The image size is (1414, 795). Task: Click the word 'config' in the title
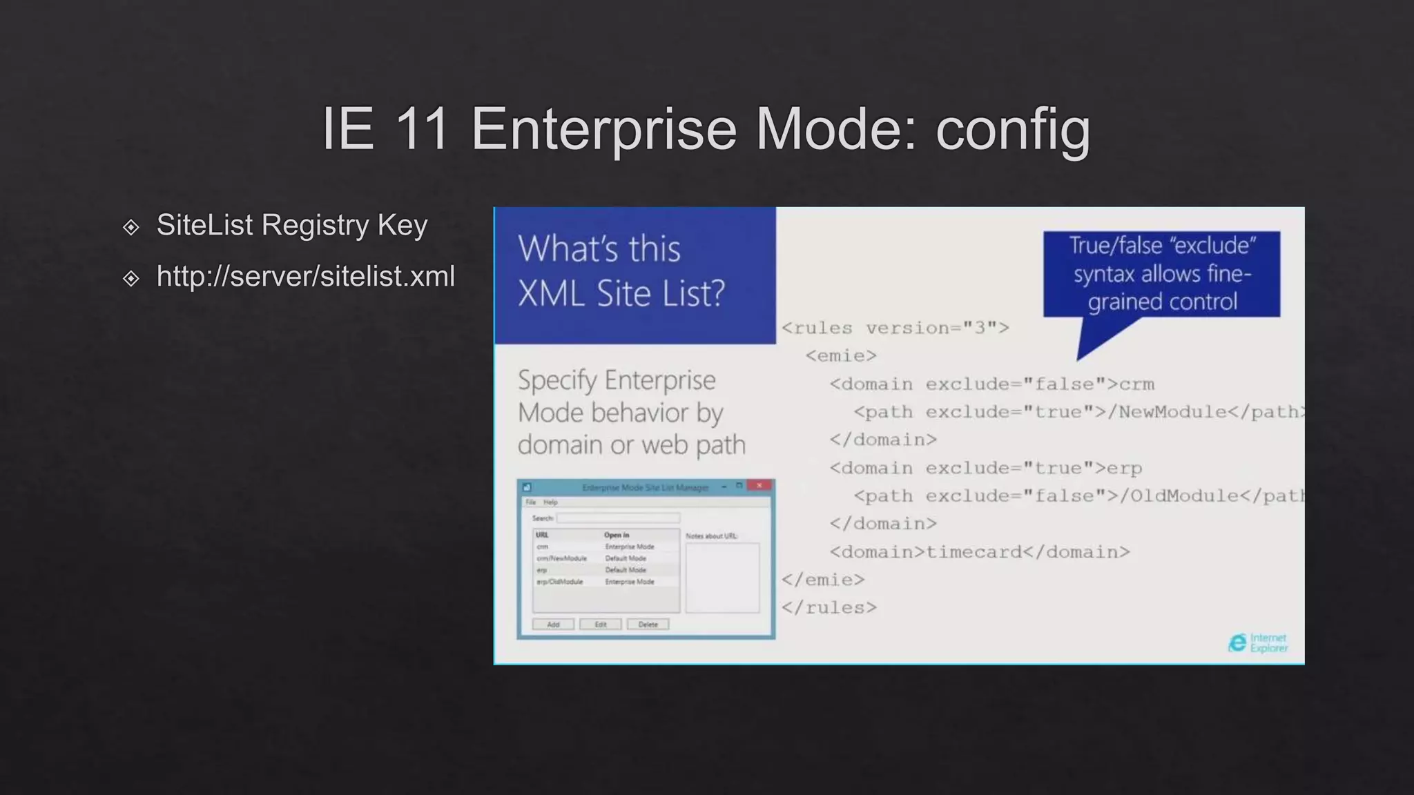(1013, 130)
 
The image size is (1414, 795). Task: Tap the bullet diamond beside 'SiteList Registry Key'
(130, 227)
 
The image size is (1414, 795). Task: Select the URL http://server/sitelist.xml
(305, 277)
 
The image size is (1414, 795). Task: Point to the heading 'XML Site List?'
(621, 293)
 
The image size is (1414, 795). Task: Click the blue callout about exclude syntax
(1161, 274)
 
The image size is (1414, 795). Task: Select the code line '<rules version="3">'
(895, 328)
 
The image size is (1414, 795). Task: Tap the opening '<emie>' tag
(841, 356)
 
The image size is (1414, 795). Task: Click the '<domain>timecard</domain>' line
(979, 552)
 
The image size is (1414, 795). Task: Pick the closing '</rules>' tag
(829, 608)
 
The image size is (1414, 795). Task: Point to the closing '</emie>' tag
(822, 580)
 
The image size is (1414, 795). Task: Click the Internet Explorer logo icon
(1237, 643)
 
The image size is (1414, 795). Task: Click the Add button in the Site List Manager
(553, 625)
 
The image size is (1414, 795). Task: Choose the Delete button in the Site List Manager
(648, 625)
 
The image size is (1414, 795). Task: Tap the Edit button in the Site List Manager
(601, 625)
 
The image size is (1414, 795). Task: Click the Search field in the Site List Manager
(618, 518)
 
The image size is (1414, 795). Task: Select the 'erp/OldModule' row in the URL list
(560, 582)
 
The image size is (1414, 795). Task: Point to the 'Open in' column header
(617, 535)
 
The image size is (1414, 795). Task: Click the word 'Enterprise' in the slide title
(604, 130)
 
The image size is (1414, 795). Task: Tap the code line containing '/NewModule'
(1077, 412)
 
